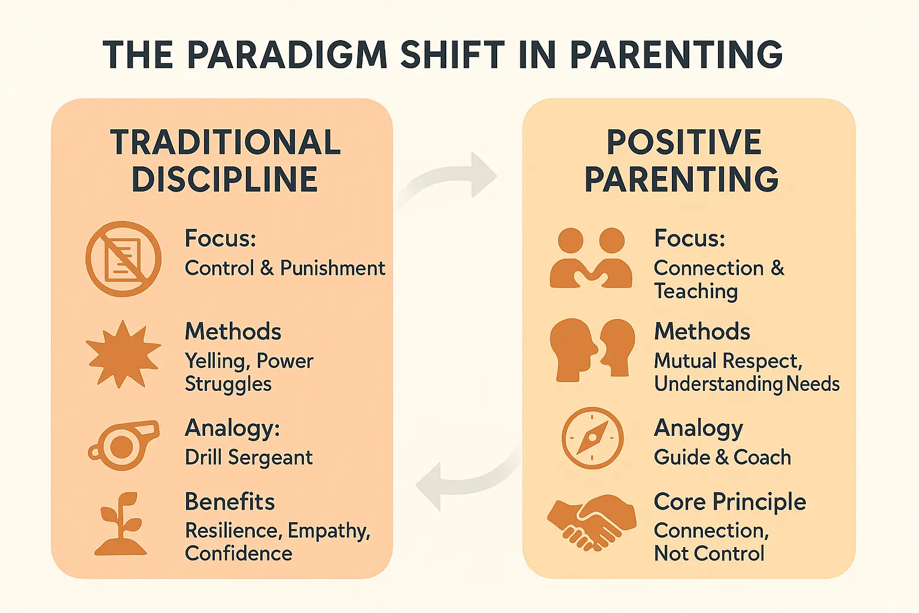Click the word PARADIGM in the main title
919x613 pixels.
287,55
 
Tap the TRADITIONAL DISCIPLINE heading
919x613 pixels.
225,160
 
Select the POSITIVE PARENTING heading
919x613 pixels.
682,160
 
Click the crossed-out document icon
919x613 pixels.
123,259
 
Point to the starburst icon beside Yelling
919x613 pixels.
123,353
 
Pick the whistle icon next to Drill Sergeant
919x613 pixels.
124,445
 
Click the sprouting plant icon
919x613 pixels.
121,524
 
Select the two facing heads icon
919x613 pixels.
592,350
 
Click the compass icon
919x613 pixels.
592,438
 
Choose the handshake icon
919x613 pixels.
591,521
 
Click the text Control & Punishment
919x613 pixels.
285,268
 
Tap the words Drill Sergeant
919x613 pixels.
249,457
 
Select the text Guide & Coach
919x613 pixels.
722,457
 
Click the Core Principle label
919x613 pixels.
730,502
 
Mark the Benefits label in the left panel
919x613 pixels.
230,502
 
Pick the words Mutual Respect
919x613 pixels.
727,361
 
